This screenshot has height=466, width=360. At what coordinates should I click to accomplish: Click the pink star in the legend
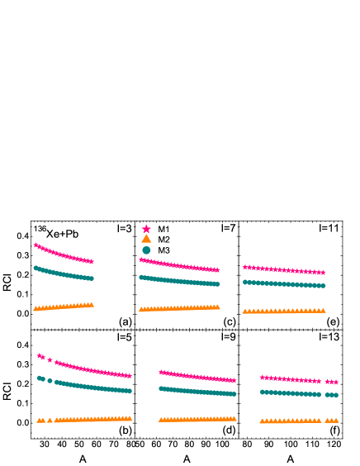click(146, 229)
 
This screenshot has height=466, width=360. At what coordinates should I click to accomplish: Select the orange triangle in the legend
click(146, 239)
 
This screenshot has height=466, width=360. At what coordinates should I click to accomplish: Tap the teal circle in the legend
click(146, 250)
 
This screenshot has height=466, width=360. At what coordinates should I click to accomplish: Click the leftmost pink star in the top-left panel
click(36, 245)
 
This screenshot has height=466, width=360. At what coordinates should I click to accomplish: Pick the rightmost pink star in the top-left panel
click(91, 261)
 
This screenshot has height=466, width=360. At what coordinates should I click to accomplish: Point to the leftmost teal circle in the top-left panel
click(36, 268)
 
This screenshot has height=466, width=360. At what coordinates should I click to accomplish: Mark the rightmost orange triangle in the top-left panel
click(91, 304)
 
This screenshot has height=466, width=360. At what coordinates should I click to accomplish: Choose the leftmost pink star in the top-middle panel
click(141, 259)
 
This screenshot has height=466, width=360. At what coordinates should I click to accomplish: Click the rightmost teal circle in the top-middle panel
click(218, 283)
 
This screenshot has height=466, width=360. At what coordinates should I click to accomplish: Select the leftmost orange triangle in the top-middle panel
click(141, 309)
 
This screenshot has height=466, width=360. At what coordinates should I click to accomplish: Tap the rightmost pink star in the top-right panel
click(323, 272)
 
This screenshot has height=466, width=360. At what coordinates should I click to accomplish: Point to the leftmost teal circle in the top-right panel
click(245, 282)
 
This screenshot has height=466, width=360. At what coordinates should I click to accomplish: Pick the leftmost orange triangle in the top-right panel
click(244, 311)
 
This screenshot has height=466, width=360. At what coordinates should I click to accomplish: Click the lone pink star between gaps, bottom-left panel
click(50, 360)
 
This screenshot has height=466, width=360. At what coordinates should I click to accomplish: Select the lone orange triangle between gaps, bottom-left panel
click(50, 420)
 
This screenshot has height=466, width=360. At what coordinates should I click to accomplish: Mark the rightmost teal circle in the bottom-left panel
click(130, 390)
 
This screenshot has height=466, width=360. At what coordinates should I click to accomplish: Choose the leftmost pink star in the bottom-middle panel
click(161, 372)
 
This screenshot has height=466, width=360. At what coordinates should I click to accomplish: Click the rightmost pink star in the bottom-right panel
click(335, 382)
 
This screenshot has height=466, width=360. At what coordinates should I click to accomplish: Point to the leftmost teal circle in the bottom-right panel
click(263, 391)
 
